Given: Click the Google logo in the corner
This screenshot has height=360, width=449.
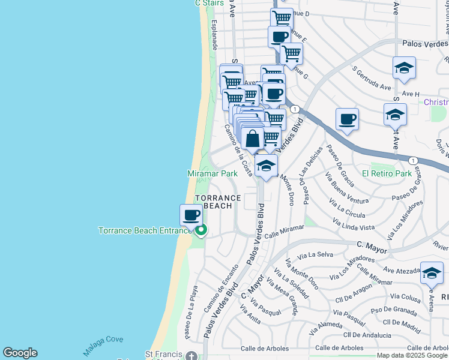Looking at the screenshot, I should [x=20, y=353].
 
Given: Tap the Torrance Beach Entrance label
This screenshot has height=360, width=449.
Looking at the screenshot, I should [x=145, y=230].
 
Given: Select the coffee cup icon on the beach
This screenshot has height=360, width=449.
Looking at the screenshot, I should [x=191, y=214].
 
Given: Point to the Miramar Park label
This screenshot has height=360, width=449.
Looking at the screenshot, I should [x=212, y=173].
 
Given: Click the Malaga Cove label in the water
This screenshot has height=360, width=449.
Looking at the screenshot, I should [x=104, y=340].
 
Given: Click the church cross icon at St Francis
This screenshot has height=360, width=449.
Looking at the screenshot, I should [x=191, y=355].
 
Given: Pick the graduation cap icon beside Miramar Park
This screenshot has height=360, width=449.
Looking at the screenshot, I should [x=266, y=166].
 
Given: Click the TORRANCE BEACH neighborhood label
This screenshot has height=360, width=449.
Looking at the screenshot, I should [x=217, y=202].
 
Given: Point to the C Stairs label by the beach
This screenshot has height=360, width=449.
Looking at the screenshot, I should [x=209, y=3].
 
